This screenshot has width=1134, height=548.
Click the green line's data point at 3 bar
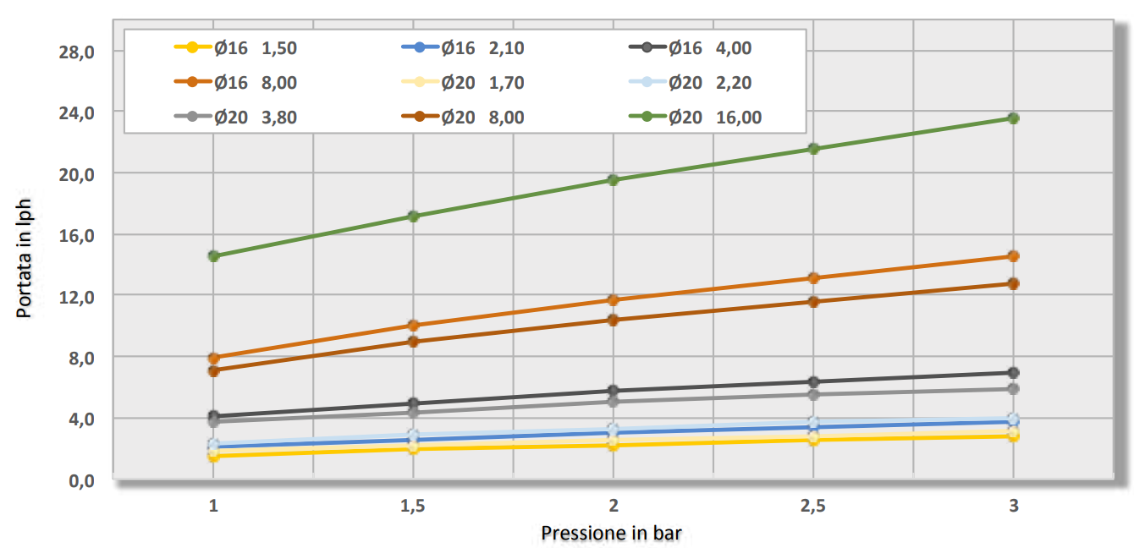[1013, 118]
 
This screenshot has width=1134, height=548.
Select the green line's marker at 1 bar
[214, 256]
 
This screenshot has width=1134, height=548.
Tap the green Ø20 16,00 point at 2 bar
[614, 180]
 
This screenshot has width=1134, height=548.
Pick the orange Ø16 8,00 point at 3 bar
[1013, 256]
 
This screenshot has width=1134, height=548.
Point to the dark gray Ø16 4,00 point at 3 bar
[1013, 373]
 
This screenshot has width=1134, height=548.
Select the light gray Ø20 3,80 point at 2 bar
[614, 402]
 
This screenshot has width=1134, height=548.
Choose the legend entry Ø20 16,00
[714, 118]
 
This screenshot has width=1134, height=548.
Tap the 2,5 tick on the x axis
[812, 506]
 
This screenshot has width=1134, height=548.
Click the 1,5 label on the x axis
[413, 506]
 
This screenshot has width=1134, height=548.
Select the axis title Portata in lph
[25, 258]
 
